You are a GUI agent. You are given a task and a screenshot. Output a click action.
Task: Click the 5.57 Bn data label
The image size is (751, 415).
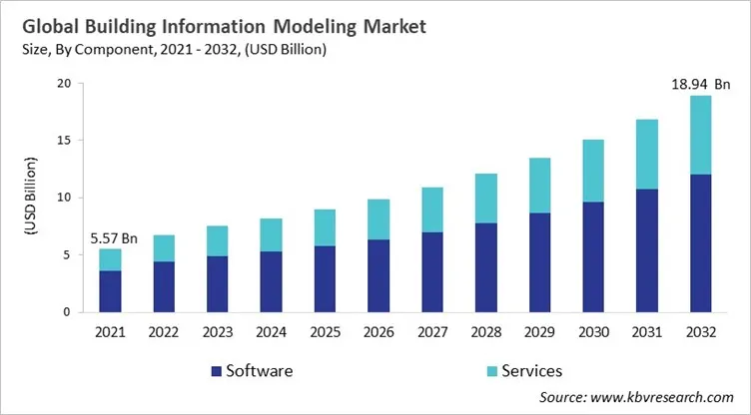click(113, 238)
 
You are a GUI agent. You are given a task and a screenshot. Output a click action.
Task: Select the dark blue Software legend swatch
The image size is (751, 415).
click(214, 371)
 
